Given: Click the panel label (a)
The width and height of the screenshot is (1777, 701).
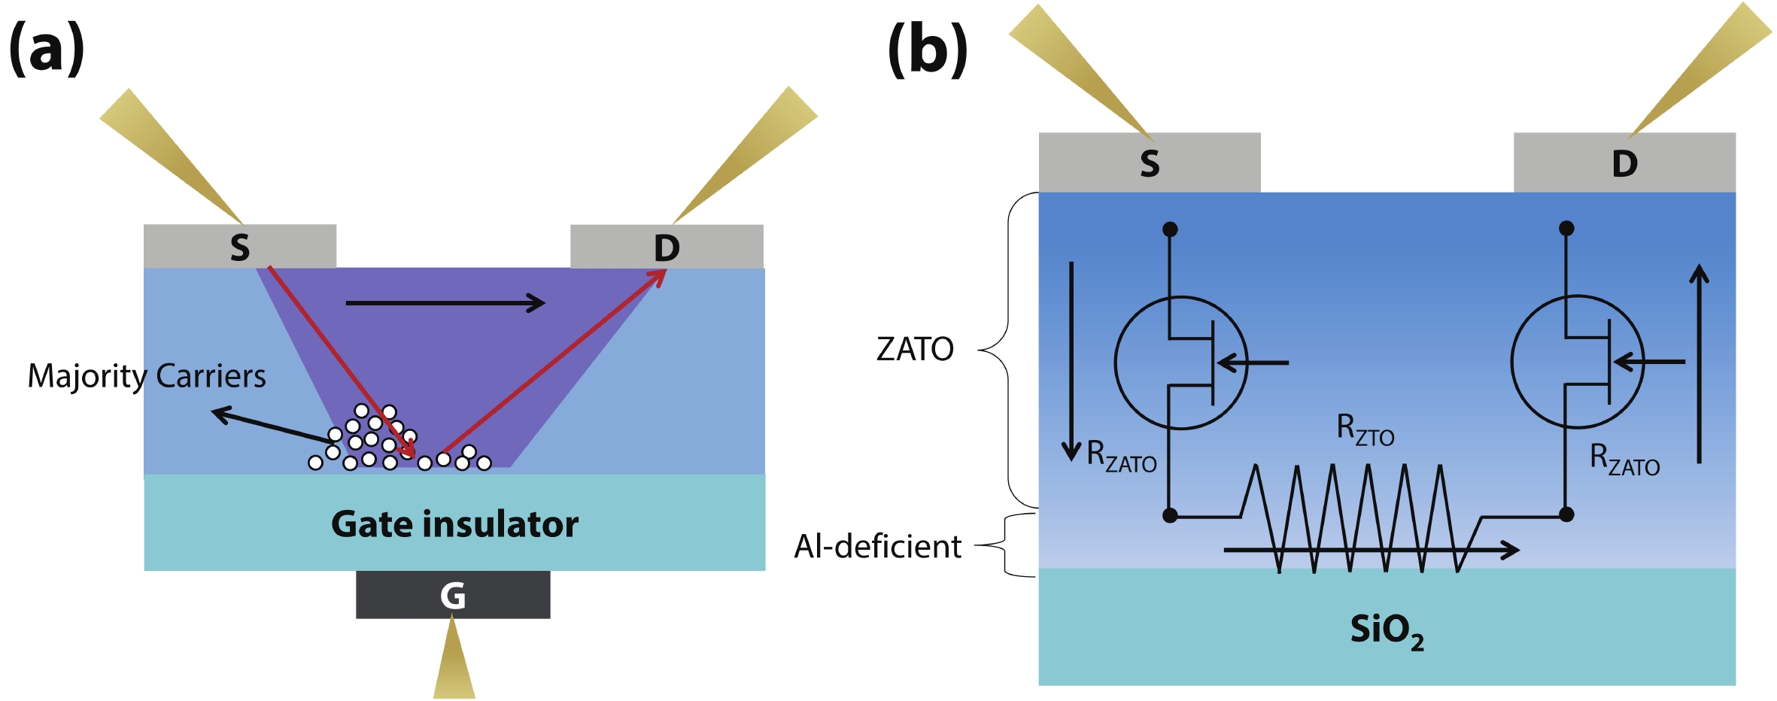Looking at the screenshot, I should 47,48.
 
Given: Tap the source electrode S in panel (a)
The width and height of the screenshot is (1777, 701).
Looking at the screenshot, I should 240,247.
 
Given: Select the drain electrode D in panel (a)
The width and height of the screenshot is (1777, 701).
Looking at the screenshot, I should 667,247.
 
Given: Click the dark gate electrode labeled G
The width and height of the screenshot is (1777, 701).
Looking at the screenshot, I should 453,595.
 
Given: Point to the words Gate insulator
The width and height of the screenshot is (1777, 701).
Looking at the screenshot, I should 454,524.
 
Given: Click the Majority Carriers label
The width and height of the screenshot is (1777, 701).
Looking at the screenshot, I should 147,375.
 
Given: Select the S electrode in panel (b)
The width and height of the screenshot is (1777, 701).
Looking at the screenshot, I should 1150,163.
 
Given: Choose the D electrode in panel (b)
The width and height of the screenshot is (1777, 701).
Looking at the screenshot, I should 1624,163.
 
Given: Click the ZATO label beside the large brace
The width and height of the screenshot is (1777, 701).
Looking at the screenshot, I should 915,349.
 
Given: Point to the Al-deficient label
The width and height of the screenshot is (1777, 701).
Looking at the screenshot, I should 877,547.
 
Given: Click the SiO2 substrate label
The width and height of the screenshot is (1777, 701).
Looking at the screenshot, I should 1387,630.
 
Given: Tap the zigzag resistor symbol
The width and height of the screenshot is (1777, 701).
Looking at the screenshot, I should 1350,517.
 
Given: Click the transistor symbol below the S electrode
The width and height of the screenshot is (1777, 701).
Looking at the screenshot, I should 1181,363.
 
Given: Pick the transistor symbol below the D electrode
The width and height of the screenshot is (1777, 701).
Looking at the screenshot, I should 1578,362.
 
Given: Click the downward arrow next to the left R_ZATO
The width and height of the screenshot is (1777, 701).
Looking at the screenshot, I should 1071,361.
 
